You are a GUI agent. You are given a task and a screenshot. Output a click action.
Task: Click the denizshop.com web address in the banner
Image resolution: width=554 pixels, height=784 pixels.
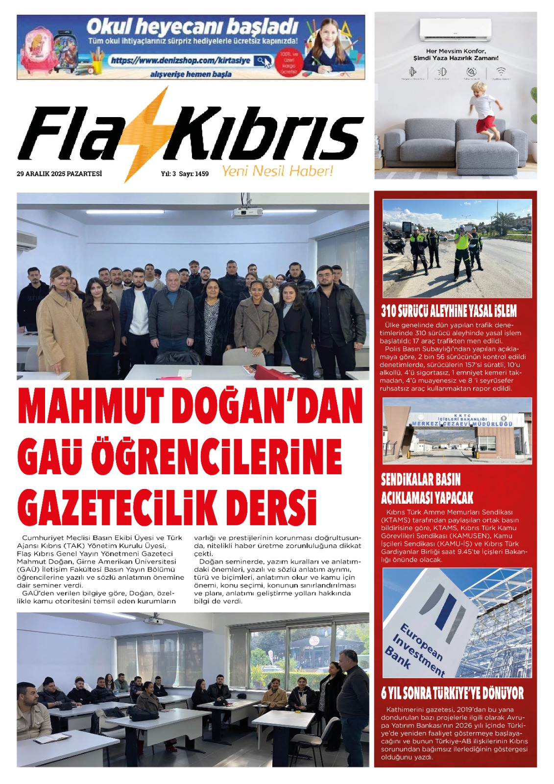pyautogui.click(x=180, y=60)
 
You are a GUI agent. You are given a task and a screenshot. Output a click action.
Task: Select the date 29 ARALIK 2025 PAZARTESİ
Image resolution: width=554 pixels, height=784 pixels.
pyautogui.click(x=59, y=173)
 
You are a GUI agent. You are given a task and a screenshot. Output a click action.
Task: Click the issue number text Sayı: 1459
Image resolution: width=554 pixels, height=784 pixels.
pyautogui.click(x=193, y=173)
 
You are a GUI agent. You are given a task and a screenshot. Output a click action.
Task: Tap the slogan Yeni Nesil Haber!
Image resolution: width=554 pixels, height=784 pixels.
pyautogui.click(x=277, y=171)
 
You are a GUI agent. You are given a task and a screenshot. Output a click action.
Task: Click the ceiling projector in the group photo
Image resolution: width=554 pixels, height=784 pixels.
pyautogui.click(x=247, y=211)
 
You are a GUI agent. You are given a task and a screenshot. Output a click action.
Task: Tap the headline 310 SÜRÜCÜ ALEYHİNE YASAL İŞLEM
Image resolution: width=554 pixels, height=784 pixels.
pyautogui.click(x=449, y=311)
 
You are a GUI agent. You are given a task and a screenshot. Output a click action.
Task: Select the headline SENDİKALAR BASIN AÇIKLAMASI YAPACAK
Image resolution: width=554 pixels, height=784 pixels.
pyautogui.click(x=427, y=489)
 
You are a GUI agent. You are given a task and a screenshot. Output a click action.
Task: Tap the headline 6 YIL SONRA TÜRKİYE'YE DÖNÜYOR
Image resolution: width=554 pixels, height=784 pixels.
pyautogui.click(x=452, y=693)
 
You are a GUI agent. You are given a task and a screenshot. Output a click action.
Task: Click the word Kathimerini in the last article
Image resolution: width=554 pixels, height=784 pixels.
pyautogui.click(x=407, y=709)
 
